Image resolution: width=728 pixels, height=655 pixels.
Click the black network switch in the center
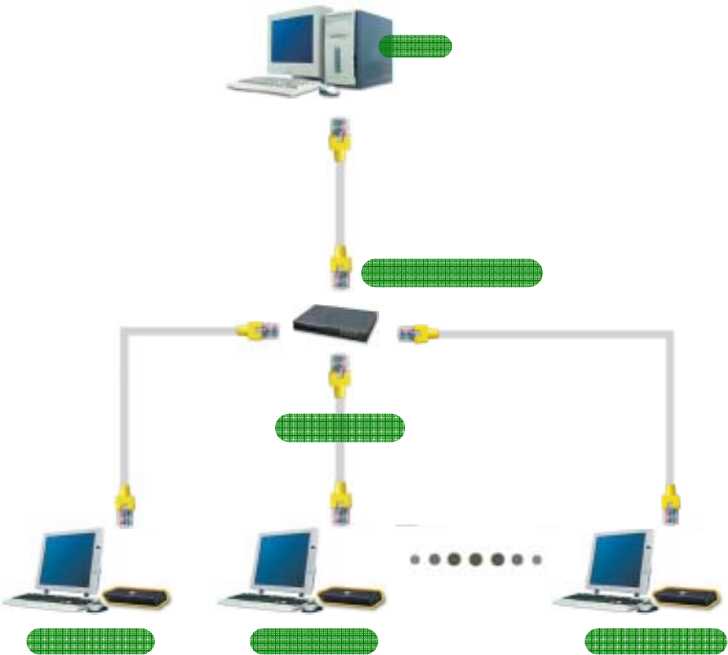click(336, 327)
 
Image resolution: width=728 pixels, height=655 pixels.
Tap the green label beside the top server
click(415, 46)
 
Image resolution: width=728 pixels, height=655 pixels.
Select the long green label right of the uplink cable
click(452, 273)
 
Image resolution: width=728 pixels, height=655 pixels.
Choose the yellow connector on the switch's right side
click(418, 333)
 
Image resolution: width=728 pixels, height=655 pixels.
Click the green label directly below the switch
click(339, 427)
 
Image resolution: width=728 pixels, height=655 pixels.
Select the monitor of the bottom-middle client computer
click(284, 559)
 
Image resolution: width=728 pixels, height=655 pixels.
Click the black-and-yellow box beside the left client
click(138, 597)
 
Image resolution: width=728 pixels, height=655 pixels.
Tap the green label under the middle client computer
click(313, 641)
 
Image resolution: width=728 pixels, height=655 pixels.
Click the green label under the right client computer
click(654, 641)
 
